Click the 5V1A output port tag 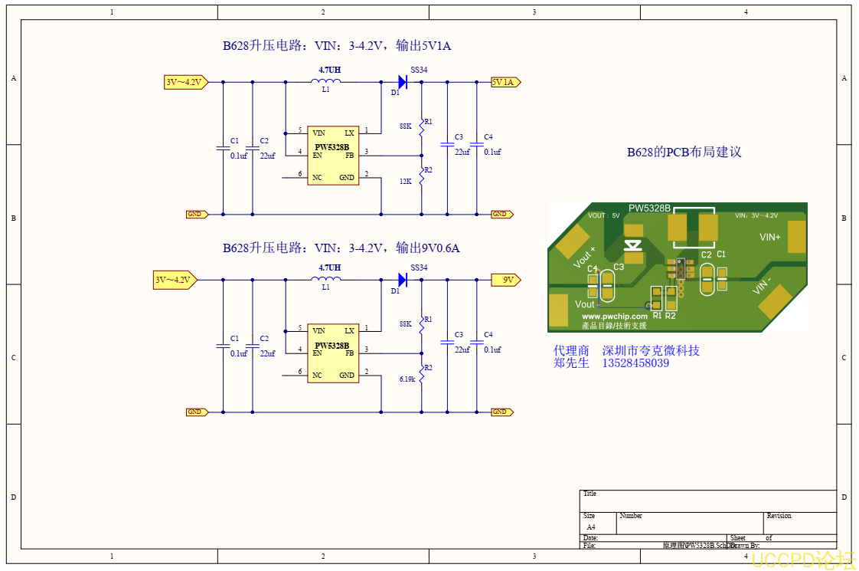pyautogui.click(x=505, y=82)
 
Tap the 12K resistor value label pyautogui.click(x=406, y=182)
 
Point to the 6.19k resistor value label pyautogui.click(x=407, y=379)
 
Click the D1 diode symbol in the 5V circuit pyautogui.click(x=402, y=82)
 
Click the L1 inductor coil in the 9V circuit pyautogui.click(x=326, y=279)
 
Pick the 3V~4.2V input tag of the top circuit pyautogui.click(x=185, y=82)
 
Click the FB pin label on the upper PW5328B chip pyautogui.click(x=350, y=156)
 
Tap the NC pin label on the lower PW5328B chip pyautogui.click(x=317, y=376)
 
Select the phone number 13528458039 pyautogui.click(x=636, y=363)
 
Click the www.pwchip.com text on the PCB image pyautogui.click(x=614, y=316)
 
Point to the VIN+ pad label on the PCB pyautogui.click(x=769, y=238)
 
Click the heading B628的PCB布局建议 pyautogui.click(x=684, y=152)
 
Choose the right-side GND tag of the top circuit pyautogui.click(x=500, y=215)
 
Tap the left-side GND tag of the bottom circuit pyautogui.click(x=197, y=412)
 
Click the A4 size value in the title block pyautogui.click(x=590, y=527)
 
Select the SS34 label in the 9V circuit pyautogui.click(x=419, y=267)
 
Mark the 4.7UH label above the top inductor pyautogui.click(x=330, y=70)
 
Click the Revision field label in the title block pyautogui.click(x=779, y=516)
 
